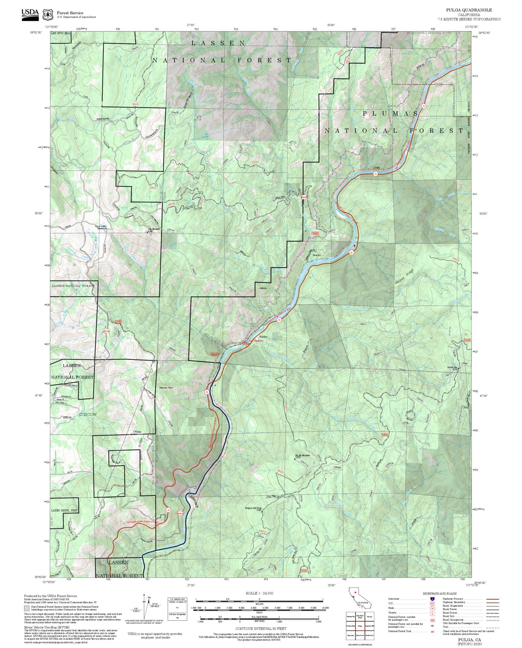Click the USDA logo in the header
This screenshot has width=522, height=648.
(x=30, y=14)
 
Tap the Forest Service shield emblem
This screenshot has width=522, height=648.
(x=48, y=15)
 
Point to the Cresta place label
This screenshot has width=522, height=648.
(x=376, y=168)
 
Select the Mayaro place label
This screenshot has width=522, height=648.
(x=317, y=255)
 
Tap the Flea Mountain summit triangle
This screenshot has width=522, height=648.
(x=147, y=232)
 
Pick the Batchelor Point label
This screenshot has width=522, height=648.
(x=166, y=388)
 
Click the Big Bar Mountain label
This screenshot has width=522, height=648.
(x=302, y=455)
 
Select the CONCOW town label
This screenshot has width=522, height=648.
(x=88, y=414)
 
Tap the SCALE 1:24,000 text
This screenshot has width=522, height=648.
(x=259, y=593)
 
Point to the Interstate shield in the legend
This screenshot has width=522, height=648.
(x=432, y=599)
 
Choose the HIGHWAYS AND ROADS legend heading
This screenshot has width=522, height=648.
(x=439, y=593)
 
